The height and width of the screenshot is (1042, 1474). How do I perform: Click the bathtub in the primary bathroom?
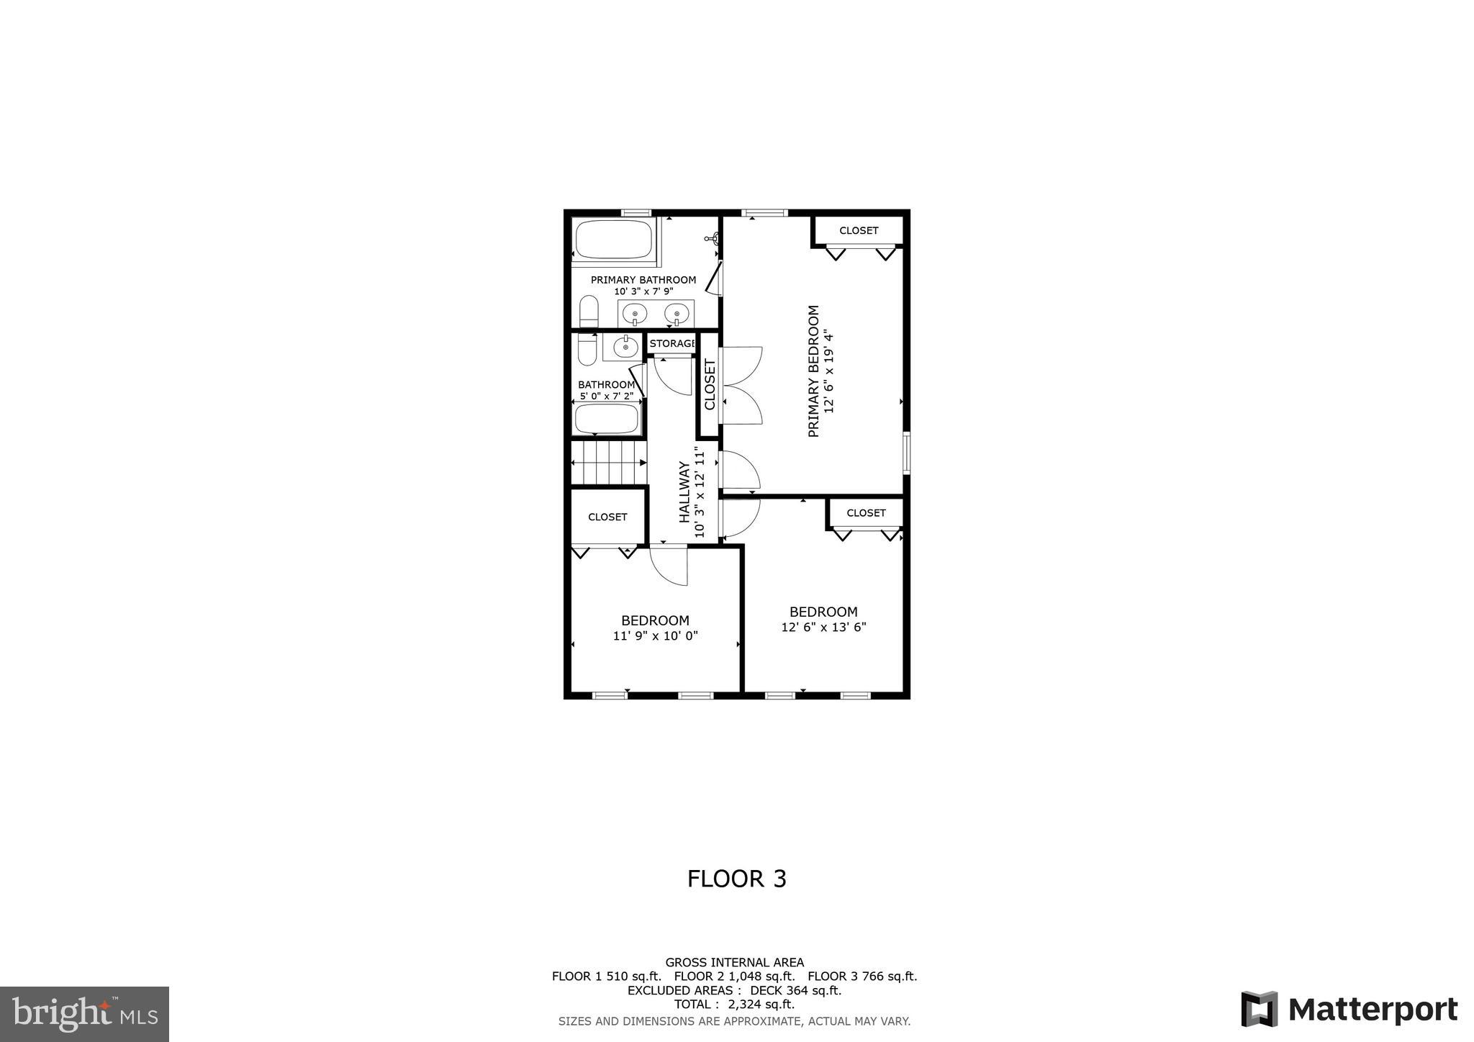pyautogui.click(x=613, y=240)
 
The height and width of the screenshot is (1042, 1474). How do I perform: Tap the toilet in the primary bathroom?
pyautogui.click(x=589, y=312)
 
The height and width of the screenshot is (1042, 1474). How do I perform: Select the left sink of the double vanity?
pyautogui.click(x=635, y=314)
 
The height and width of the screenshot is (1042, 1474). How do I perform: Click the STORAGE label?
pyautogui.click(x=672, y=344)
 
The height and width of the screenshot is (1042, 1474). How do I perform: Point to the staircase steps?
pyautogui.click(x=608, y=463)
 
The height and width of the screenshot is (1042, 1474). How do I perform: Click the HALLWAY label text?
pyautogui.click(x=684, y=492)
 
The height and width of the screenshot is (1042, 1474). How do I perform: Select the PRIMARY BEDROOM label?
pyautogui.click(x=814, y=371)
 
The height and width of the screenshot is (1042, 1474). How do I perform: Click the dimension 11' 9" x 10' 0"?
pyautogui.click(x=655, y=636)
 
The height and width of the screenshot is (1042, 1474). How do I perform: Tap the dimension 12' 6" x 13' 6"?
pyautogui.click(x=823, y=628)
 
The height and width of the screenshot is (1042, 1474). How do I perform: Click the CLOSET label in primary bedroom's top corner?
pyautogui.click(x=859, y=231)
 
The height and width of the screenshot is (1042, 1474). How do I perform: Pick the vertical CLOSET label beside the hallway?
pyautogui.click(x=710, y=384)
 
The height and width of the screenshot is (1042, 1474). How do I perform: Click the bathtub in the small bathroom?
pyautogui.click(x=607, y=419)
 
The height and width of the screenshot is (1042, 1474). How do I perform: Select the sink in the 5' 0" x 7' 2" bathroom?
pyautogui.click(x=625, y=348)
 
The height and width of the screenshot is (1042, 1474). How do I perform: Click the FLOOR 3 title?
pyautogui.click(x=736, y=879)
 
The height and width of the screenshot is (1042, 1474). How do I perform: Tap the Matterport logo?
pyautogui.click(x=1349, y=1009)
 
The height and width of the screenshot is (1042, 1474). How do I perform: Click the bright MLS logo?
pyautogui.click(x=84, y=1015)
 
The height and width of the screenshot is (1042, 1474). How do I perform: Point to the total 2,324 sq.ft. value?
pyautogui.click(x=761, y=1005)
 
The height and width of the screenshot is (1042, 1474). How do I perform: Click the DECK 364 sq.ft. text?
pyautogui.click(x=795, y=990)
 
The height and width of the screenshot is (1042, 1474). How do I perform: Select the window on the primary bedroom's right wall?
pyautogui.click(x=907, y=453)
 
